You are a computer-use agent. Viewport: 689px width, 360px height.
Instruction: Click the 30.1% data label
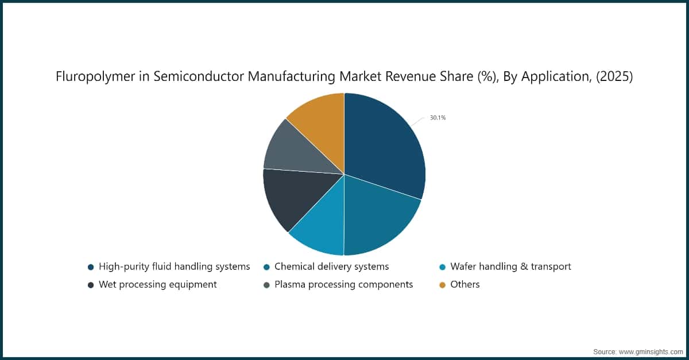[438, 118]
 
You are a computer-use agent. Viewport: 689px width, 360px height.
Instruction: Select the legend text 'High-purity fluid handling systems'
[174, 266]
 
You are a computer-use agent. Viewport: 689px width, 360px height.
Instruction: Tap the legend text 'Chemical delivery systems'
[331, 266]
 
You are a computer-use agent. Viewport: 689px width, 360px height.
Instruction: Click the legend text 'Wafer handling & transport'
[510, 266]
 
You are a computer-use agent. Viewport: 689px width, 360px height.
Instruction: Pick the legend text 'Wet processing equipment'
[157, 284]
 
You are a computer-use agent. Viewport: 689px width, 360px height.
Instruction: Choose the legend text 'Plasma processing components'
[343, 284]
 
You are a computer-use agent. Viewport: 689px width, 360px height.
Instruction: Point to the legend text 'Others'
[465, 284]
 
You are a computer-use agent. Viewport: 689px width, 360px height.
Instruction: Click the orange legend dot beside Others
[442, 285]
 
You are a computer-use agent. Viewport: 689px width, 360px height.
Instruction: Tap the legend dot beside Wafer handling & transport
[442, 267]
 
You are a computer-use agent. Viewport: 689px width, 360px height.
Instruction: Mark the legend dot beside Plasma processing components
[266, 285]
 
